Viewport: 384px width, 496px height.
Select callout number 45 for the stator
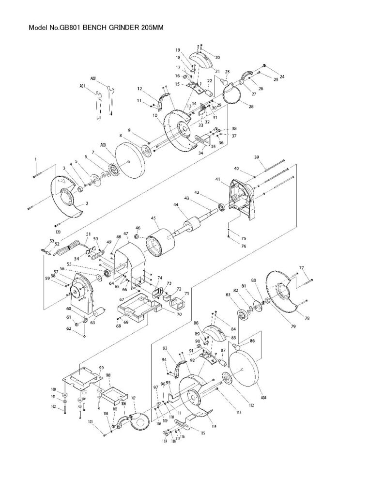coord(153,218)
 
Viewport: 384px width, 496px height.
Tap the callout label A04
coord(263,398)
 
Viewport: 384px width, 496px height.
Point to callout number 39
coord(257,157)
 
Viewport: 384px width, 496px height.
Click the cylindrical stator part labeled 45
coord(158,244)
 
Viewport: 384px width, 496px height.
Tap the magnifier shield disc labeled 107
coord(141,420)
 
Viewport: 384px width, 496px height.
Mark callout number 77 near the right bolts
coord(301,268)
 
